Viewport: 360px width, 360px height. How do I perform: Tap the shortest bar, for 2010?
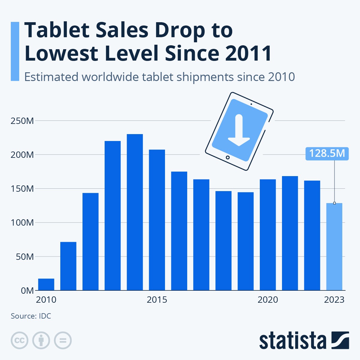click(x=46, y=284)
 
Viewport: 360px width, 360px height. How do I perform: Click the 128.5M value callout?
click(x=327, y=153)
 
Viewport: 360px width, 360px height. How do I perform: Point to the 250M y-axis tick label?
click(x=22, y=121)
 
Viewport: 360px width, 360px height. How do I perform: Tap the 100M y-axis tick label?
click(x=22, y=223)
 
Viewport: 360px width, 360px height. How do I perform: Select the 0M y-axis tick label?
click(x=27, y=291)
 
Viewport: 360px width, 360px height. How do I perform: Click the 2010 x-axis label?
click(x=46, y=300)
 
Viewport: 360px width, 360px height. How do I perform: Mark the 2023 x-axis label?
click(x=334, y=300)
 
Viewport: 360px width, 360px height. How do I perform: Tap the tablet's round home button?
click(x=228, y=157)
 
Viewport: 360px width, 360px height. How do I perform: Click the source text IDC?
click(x=45, y=316)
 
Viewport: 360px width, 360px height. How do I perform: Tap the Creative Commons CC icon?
click(x=19, y=340)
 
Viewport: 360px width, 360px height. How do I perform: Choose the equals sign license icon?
click(x=63, y=340)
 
